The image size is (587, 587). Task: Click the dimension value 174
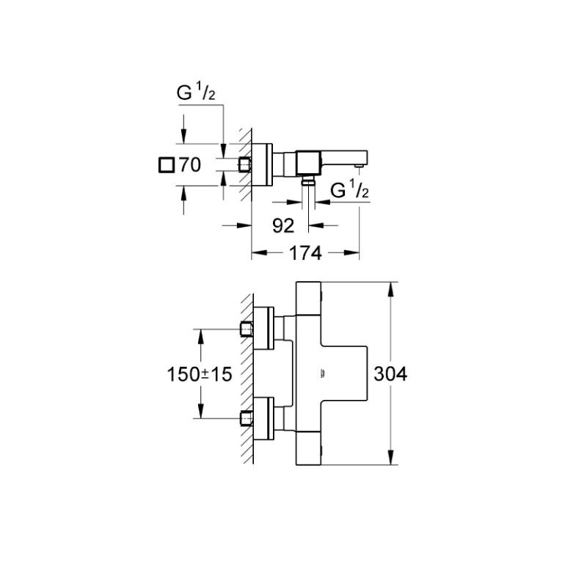(x=305, y=253)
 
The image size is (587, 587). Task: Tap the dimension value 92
(x=283, y=226)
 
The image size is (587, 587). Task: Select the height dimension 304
(x=390, y=374)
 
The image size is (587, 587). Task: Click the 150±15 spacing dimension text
(x=200, y=374)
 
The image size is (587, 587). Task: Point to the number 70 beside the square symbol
(x=190, y=165)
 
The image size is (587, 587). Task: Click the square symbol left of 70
(x=167, y=165)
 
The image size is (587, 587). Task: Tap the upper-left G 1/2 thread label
(x=196, y=92)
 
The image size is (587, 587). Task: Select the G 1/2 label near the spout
(x=350, y=190)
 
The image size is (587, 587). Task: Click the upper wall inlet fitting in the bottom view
(x=246, y=329)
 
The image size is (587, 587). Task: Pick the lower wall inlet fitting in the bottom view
(x=246, y=418)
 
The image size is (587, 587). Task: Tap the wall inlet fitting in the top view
(x=245, y=164)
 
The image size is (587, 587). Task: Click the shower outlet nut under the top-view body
(x=308, y=182)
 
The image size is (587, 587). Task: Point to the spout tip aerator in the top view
(x=360, y=165)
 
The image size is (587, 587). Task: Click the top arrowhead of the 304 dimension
(x=390, y=290)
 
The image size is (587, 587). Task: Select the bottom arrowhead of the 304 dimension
(x=390, y=457)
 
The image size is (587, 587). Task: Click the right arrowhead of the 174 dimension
(x=351, y=252)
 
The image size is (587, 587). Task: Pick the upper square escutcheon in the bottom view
(x=263, y=329)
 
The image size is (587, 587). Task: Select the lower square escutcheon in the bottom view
(x=263, y=418)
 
